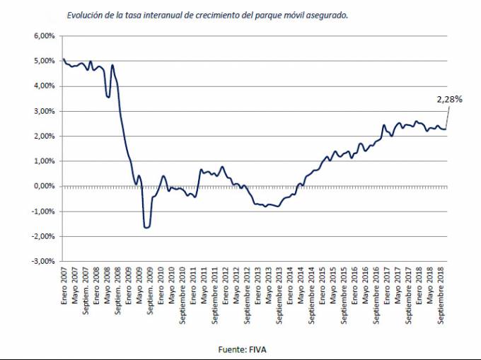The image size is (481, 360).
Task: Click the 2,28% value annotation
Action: tap(448, 100)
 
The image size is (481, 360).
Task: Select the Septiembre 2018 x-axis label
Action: tap(441, 296)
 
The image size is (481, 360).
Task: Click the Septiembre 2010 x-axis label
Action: tap(182, 296)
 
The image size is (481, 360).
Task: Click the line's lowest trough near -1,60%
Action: tap(146, 227)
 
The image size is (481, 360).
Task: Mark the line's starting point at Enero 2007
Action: tap(64, 59)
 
